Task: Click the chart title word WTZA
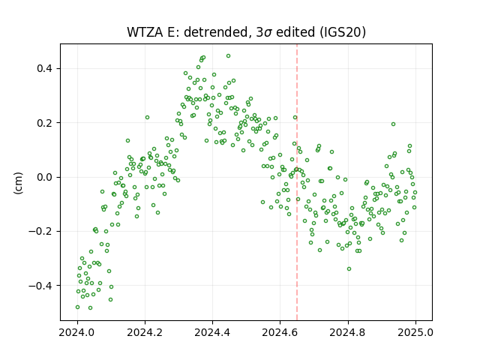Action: [x=145, y=32]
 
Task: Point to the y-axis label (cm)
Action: [x=19, y=183]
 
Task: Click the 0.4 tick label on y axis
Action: [x=44, y=68]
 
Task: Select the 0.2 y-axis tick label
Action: [x=44, y=123]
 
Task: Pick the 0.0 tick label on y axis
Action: [x=44, y=177]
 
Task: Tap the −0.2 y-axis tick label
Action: [x=40, y=232]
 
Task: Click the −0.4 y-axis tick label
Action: [x=40, y=286]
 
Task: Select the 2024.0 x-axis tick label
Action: [x=76, y=332]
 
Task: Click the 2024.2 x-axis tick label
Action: [x=145, y=332]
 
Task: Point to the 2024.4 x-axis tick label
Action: [x=212, y=332]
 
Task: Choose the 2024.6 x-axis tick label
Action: [x=280, y=332]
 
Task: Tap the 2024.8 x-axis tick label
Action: [x=347, y=332]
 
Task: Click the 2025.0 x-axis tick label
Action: [x=415, y=332]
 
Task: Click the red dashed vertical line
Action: [x=297, y=182]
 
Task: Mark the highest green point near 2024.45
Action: [x=228, y=56]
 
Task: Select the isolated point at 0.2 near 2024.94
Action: [x=393, y=124]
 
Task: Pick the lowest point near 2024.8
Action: [x=349, y=268]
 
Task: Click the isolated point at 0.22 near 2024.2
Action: [x=147, y=117]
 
